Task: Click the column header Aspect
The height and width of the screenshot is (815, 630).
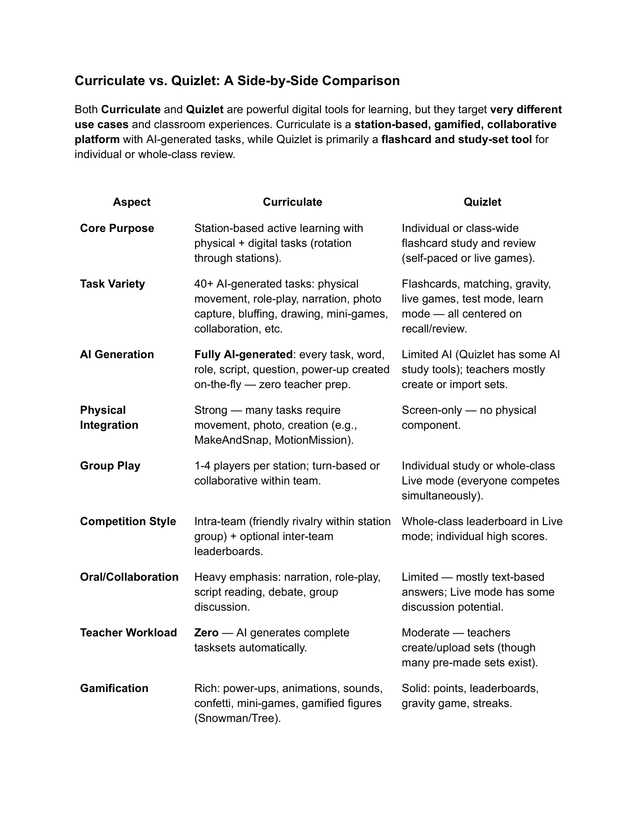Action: [131, 202]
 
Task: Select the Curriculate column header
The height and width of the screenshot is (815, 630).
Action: [292, 202]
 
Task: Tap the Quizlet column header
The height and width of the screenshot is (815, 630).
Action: [482, 202]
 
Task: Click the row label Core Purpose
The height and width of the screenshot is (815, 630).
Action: [117, 228]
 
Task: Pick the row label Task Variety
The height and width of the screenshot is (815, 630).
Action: [112, 284]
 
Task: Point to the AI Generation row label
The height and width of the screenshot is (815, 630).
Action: [117, 354]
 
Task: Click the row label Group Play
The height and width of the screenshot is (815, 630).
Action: [110, 466]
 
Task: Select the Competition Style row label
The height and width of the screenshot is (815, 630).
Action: [128, 521]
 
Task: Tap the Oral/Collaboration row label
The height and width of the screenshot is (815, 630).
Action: [129, 577]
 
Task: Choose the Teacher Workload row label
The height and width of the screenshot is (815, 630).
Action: [128, 633]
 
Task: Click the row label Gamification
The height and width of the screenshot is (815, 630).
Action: [114, 688]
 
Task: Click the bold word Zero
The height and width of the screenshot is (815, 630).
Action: [206, 633]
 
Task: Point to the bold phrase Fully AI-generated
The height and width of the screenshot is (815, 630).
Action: [243, 354]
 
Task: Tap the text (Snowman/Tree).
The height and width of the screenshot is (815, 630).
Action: [238, 718]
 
